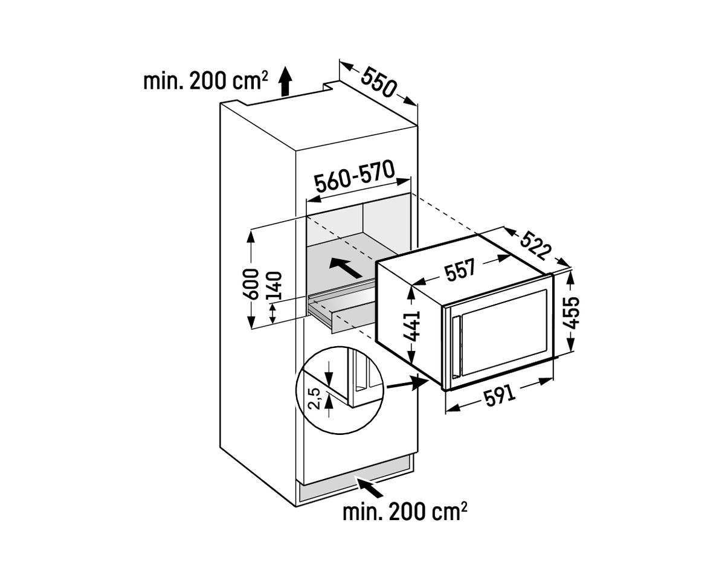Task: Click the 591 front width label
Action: (x=500, y=396)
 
